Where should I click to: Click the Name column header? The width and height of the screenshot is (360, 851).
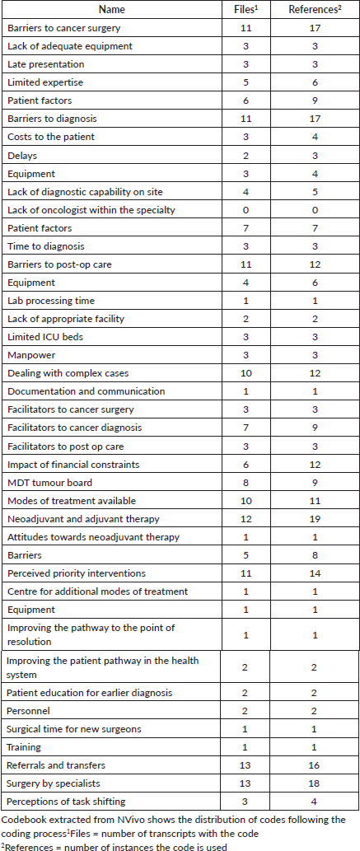(x=112, y=9)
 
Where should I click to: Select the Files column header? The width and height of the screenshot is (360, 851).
(x=246, y=9)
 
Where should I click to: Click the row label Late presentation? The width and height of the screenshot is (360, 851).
(x=46, y=64)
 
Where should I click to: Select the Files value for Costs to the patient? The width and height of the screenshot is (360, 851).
(x=246, y=138)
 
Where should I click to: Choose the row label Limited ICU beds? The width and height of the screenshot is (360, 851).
(x=45, y=337)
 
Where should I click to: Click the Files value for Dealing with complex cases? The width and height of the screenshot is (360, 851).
(x=246, y=373)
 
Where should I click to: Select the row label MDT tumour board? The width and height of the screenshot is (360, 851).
(x=49, y=483)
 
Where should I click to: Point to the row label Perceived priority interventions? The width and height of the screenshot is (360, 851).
(x=77, y=573)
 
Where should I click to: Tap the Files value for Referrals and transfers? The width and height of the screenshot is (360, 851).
(x=246, y=765)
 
